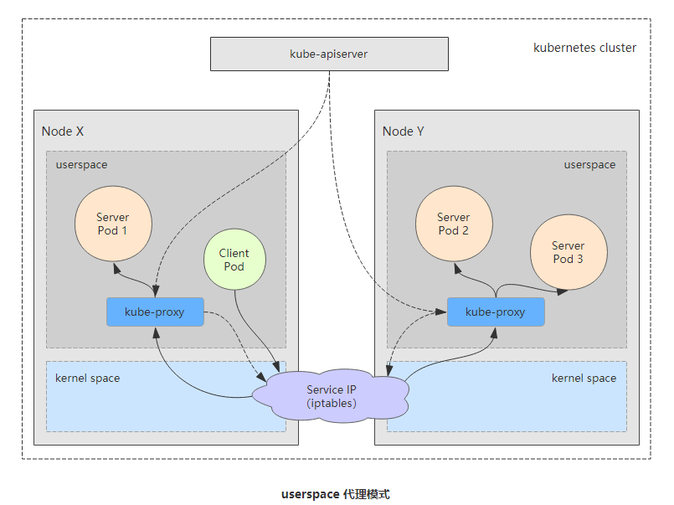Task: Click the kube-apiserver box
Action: [328, 54]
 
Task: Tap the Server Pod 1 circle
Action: [112, 224]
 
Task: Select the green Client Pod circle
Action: [234, 260]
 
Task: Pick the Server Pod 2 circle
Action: [453, 224]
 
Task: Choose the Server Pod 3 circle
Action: [568, 252]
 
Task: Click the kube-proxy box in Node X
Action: [155, 312]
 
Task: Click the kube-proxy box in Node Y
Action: [495, 312]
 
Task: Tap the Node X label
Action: [63, 131]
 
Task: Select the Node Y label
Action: [403, 131]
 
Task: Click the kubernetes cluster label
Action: [584, 48]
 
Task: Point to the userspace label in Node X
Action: [81, 165]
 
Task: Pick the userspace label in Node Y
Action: [589, 165]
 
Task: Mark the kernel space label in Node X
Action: [87, 379]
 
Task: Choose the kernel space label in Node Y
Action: [584, 379]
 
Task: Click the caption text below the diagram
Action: [335, 494]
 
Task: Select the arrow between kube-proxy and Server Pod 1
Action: [134, 278]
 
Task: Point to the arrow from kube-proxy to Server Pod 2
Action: [473, 279]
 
